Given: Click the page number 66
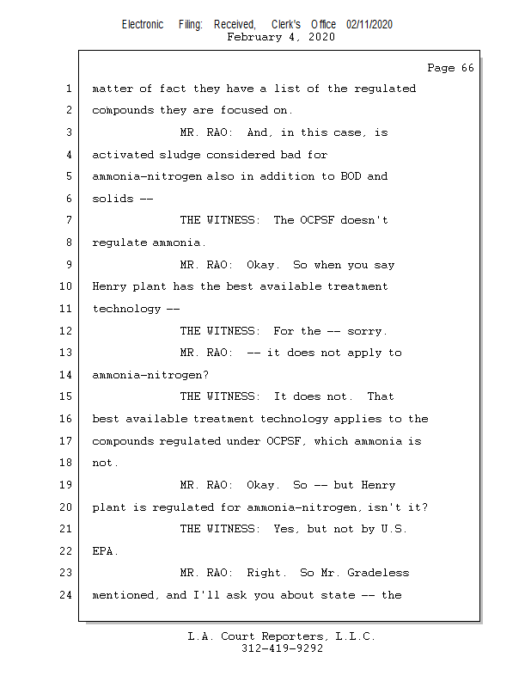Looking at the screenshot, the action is click(x=467, y=68).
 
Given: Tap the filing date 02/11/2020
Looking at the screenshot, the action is click(x=369, y=25).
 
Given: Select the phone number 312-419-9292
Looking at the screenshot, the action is click(x=282, y=648).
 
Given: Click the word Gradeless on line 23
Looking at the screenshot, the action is click(x=378, y=573).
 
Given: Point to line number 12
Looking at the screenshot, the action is click(x=66, y=330).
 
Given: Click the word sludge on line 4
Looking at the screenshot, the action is click(x=180, y=155).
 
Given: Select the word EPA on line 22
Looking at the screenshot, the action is click(x=103, y=550).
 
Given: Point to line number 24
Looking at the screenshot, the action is click(x=66, y=594).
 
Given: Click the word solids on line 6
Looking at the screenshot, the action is click(x=113, y=199).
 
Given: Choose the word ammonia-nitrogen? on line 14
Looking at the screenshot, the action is click(x=150, y=375).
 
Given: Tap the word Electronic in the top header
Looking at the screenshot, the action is click(x=143, y=25).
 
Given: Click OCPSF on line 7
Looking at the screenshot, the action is click(x=317, y=220).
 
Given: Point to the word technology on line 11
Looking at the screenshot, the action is click(x=126, y=310).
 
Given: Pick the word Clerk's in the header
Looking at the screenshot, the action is click(x=286, y=25).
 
